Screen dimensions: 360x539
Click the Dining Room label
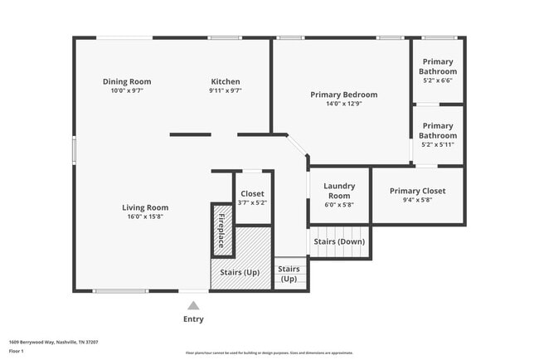click(x=127, y=81)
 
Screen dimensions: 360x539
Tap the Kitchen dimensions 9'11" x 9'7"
click(x=226, y=90)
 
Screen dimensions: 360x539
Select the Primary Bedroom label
click(x=343, y=95)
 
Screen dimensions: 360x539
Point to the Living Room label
click(x=145, y=207)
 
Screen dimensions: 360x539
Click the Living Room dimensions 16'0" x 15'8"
click(x=145, y=216)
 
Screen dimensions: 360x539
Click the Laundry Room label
click(x=339, y=191)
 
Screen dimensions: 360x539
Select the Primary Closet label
click(x=417, y=191)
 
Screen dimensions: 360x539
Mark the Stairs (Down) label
click(x=339, y=241)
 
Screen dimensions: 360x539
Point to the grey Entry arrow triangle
click(x=193, y=305)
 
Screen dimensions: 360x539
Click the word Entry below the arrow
click(x=193, y=319)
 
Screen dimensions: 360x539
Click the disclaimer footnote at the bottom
click(x=269, y=353)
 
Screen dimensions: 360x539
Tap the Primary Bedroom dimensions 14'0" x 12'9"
click(x=343, y=104)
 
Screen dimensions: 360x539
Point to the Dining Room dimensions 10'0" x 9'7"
click(x=127, y=90)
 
